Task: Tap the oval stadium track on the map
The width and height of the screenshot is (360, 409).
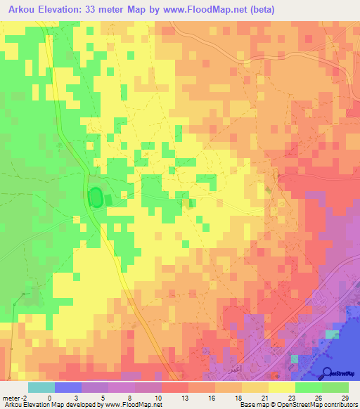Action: pyautogui.click(x=95, y=198)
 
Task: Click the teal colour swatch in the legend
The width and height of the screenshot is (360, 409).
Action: pyautogui.click(x=41, y=387)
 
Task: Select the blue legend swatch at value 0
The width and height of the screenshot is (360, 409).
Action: pyautogui.click(x=68, y=387)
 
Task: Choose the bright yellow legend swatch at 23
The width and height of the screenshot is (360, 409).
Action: pyautogui.click(x=281, y=387)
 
